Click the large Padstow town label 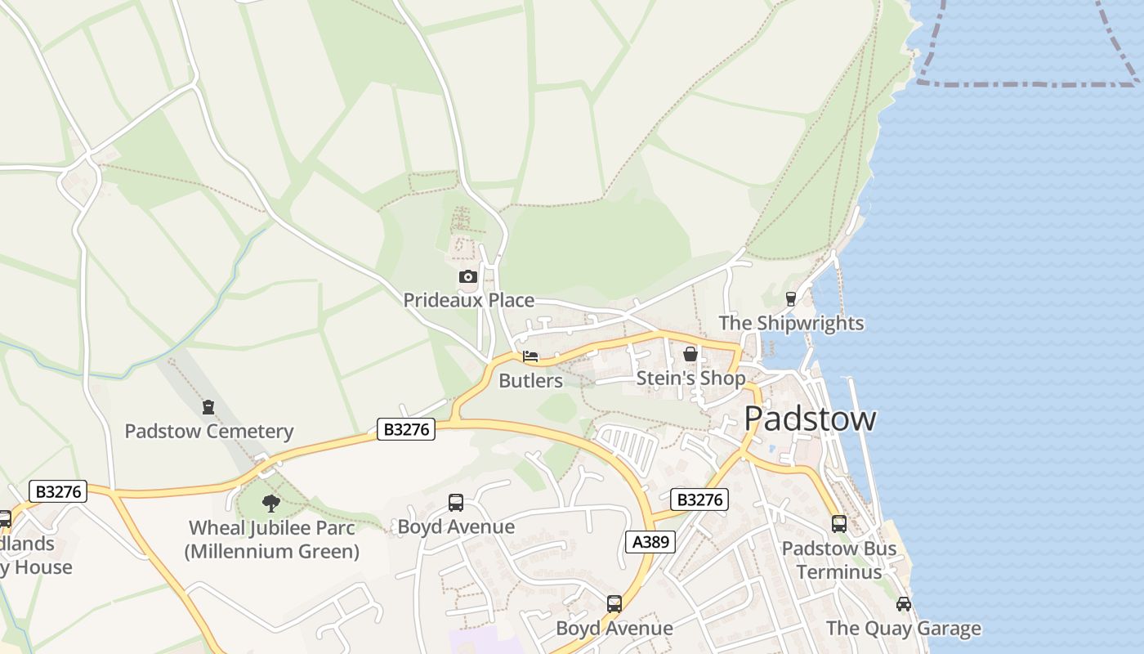click(x=810, y=419)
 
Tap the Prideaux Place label click(x=469, y=300)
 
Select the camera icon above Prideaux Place click(x=467, y=277)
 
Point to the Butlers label click(x=530, y=381)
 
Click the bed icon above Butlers click(x=530, y=356)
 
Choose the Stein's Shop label click(x=690, y=379)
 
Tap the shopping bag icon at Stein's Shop click(x=690, y=354)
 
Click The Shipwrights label click(x=791, y=323)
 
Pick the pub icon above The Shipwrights click(x=790, y=299)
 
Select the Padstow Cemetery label click(x=208, y=431)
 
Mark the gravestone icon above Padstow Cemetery click(x=208, y=406)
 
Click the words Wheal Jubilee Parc click(x=272, y=528)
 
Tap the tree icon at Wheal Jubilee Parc click(x=271, y=504)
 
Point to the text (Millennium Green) click(x=272, y=552)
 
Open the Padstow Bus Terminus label click(x=839, y=560)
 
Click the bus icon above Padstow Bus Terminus click(x=839, y=524)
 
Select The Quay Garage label click(x=903, y=629)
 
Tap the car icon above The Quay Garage click(x=903, y=604)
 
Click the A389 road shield click(x=650, y=541)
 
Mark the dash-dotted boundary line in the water click(x=1021, y=83)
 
